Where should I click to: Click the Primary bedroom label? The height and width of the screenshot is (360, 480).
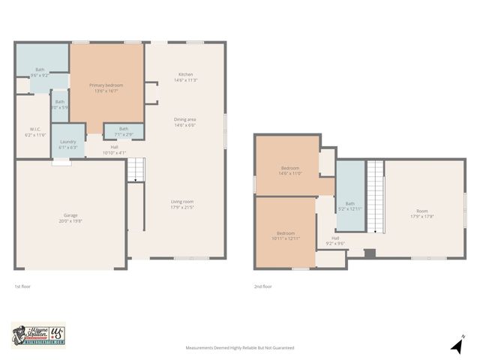106,88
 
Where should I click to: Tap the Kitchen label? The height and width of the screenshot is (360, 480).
186,76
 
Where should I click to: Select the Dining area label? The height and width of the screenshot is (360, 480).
185,122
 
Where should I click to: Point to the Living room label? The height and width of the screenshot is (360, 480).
182,204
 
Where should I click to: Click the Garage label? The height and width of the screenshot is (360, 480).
70,218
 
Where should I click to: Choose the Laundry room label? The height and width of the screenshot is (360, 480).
67,144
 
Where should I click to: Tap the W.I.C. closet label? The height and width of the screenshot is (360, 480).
35,131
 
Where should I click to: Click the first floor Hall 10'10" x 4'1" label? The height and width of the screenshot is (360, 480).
114,149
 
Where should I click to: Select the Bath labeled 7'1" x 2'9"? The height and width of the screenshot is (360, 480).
123,130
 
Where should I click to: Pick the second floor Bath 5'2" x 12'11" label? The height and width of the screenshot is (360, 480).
349,205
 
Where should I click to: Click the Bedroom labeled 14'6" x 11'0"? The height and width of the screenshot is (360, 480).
290,170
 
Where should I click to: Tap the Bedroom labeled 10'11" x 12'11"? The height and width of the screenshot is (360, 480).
285,235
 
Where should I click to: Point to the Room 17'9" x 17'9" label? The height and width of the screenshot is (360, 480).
422,214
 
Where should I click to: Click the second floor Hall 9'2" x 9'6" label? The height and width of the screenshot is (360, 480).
334,241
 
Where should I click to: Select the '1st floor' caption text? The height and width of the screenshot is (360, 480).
22,286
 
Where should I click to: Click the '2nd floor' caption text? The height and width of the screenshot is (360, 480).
262,286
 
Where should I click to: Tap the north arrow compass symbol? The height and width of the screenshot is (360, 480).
455,346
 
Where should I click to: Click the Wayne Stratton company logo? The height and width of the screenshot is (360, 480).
38,334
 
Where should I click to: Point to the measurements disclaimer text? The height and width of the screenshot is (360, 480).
240,348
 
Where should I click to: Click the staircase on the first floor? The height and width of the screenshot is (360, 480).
133,172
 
